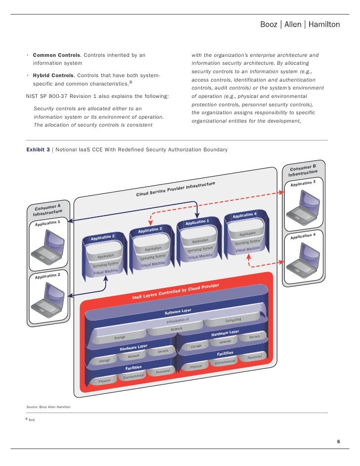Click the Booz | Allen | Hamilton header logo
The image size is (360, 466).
300,24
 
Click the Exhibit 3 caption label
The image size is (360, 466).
38,149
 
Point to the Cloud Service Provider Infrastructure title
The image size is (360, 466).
176,189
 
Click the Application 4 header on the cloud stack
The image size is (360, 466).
244,215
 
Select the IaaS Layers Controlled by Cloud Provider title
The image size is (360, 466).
176,291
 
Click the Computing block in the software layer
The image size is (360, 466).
233,320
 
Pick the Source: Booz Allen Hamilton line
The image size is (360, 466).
48,407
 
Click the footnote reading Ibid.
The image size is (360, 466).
32,421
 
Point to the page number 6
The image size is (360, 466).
338,441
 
